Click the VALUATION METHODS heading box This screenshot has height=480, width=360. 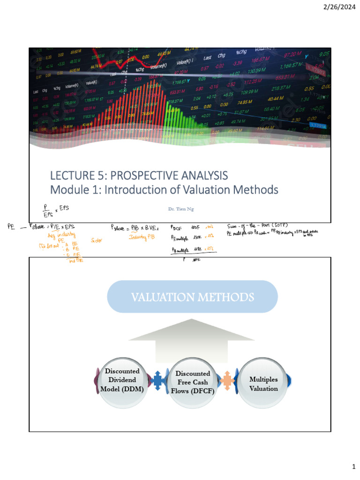tap(193, 297)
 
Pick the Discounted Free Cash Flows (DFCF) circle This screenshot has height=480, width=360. tap(193, 382)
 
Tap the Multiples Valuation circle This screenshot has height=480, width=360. tap(263, 383)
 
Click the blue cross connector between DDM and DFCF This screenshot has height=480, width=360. tap(158, 378)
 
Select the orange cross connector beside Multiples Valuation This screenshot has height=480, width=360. tap(227, 378)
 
